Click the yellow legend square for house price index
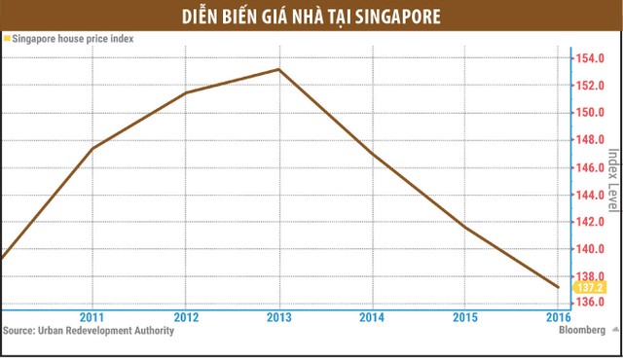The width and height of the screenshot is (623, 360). coord(6,39)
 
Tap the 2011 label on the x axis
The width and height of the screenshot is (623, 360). coord(92,318)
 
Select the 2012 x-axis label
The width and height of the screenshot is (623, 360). coord(186,318)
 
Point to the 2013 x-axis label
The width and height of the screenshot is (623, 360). coord(279,318)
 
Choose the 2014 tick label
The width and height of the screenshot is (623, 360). coord(373,318)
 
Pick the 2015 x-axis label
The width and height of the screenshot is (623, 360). coord(465,318)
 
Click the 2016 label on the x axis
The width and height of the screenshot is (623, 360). coord(558,318)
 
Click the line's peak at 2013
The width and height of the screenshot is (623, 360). coord(279,69)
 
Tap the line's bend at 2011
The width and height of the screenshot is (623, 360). coord(92,148)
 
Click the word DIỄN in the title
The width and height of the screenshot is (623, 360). coord(201,17)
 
